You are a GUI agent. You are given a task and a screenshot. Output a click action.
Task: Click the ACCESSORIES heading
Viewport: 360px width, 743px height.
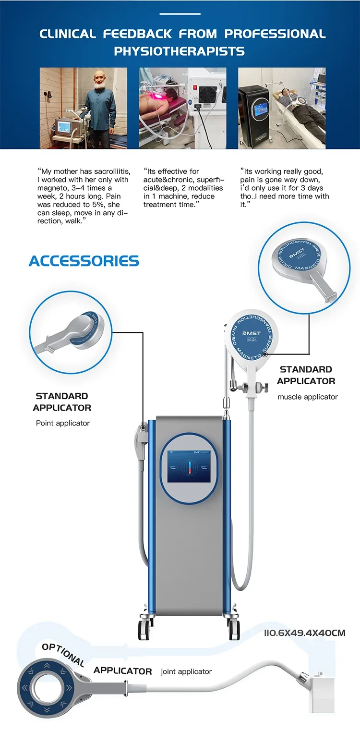[x=84, y=261]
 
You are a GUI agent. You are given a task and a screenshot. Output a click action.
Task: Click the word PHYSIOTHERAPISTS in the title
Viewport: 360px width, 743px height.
[x=179, y=51]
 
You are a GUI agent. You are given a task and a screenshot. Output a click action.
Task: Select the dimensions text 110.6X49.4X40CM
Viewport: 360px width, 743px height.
[x=304, y=633]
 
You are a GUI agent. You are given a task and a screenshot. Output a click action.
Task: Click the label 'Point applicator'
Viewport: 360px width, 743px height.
[x=63, y=423]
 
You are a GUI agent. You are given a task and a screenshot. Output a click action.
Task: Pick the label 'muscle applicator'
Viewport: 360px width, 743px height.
[x=307, y=397]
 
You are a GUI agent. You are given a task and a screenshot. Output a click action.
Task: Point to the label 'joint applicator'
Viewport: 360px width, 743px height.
[x=186, y=671]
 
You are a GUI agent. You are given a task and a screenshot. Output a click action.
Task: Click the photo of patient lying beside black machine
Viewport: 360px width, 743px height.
[x=282, y=108]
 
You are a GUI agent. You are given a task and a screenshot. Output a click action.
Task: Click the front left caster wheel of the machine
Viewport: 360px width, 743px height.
[x=144, y=627]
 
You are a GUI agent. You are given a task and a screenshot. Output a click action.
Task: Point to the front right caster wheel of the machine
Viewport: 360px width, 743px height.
[x=234, y=627]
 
